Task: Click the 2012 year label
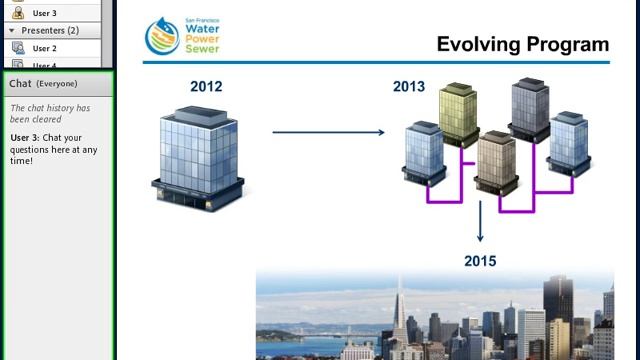[x=206, y=87]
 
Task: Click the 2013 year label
[x=409, y=87]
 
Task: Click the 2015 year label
[x=480, y=261]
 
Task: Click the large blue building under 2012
[x=199, y=156]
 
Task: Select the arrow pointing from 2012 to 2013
[x=328, y=132]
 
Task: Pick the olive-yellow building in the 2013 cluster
[x=459, y=113]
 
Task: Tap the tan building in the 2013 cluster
[x=496, y=160]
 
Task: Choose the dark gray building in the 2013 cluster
[x=530, y=108]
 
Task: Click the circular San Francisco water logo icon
[x=162, y=37]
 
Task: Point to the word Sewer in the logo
[x=201, y=48]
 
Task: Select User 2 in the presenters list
[x=44, y=48]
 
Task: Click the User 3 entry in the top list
[x=44, y=13]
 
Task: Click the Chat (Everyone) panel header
[x=44, y=84]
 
